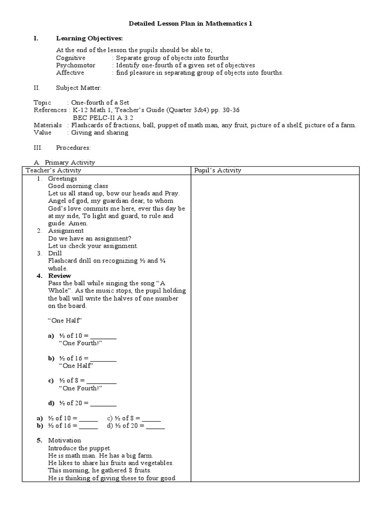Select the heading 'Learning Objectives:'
click(x=89, y=39)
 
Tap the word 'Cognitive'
click(x=70, y=58)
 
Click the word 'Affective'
click(x=70, y=72)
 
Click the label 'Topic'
click(x=42, y=103)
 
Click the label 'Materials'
click(x=48, y=125)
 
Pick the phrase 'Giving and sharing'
click(x=100, y=132)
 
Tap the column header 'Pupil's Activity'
click(x=217, y=170)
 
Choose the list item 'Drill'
click(x=55, y=253)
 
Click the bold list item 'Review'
click(x=60, y=276)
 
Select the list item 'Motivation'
click(x=64, y=441)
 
